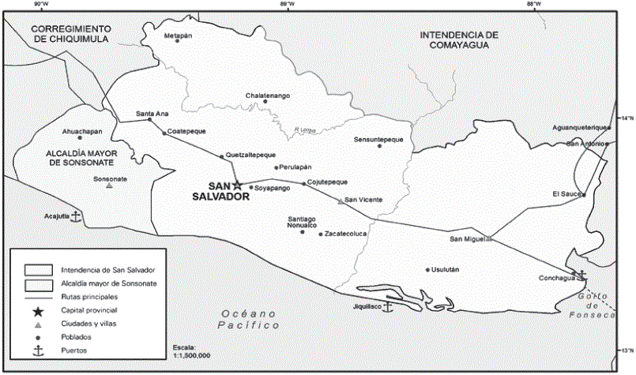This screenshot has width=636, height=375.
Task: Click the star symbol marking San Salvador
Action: (237, 184)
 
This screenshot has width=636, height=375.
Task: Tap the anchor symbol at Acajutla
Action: (75, 215)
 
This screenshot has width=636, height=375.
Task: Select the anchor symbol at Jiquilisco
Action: (387, 306)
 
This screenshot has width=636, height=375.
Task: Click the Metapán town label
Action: (178, 35)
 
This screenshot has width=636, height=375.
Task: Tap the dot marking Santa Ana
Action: (150, 120)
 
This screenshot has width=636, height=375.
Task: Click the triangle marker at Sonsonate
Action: (110, 186)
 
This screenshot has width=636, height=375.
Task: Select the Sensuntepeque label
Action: (378, 138)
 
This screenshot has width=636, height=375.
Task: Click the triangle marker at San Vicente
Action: (341, 201)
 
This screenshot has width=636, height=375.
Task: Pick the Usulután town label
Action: (446, 269)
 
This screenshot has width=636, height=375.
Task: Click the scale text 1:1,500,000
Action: (191, 356)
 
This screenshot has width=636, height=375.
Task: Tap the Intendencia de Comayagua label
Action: (459, 40)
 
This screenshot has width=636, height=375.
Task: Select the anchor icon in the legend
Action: (37, 350)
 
